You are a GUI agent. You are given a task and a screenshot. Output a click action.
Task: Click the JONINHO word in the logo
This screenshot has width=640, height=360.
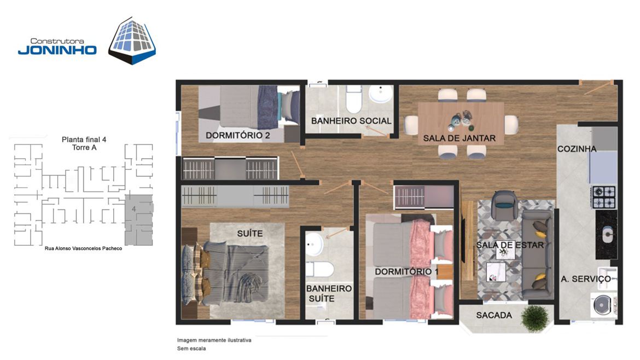[57, 50]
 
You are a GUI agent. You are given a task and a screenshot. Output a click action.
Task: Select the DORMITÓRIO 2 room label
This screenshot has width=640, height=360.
[237, 135]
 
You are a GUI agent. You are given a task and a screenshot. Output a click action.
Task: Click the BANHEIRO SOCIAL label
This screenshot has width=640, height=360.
[351, 121]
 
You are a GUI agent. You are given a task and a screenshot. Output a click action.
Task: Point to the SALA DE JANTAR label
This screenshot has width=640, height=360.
[459, 138]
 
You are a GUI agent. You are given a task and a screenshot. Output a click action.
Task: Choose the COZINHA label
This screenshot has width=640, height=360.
[577, 149]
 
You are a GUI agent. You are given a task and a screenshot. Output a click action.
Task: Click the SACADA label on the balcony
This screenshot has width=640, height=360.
[494, 315]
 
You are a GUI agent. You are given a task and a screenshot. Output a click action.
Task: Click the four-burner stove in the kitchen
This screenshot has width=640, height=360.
[604, 197]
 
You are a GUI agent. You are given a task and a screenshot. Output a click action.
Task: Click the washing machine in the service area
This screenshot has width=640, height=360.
[603, 305]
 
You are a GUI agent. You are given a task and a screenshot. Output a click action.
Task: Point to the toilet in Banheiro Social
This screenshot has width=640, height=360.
[354, 99]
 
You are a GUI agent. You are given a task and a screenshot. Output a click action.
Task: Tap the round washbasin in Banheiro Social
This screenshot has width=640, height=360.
[381, 94]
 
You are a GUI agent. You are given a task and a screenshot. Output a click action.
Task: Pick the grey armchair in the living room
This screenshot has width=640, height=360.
[505, 205]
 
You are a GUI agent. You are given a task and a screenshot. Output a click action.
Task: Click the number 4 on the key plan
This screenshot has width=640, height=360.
[134, 209]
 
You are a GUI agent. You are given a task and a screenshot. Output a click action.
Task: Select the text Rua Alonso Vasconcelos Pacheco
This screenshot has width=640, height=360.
[83, 248]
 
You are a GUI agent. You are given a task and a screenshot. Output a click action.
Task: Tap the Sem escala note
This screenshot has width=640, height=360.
[191, 349]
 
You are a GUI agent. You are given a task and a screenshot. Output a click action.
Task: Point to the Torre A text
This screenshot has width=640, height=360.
[84, 147]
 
